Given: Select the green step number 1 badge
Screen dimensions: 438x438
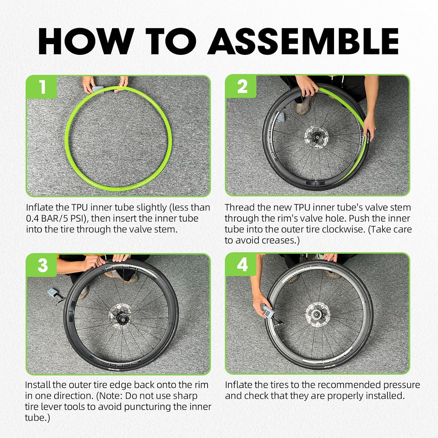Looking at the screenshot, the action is (x=42, y=87).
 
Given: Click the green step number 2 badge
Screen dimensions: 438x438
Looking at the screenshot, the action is (x=241, y=87).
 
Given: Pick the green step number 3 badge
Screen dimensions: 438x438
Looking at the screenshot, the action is (x=42, y=265).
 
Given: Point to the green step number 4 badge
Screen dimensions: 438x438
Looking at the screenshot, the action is (x=241, y=265).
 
